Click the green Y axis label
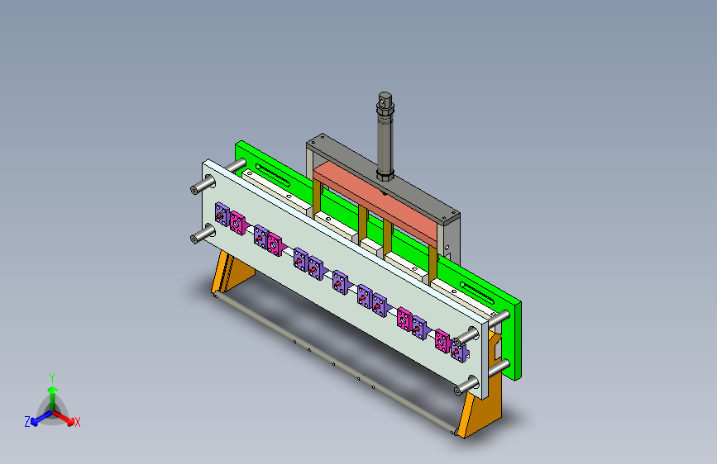(52, 378)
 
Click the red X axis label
(78, 422)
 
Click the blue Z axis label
(27, 422)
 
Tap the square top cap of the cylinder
(385, 99)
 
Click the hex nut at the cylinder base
(385, 175)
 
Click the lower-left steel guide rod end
(197, 238)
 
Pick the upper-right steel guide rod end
(461, 339)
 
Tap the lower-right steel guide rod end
(461, 390)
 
